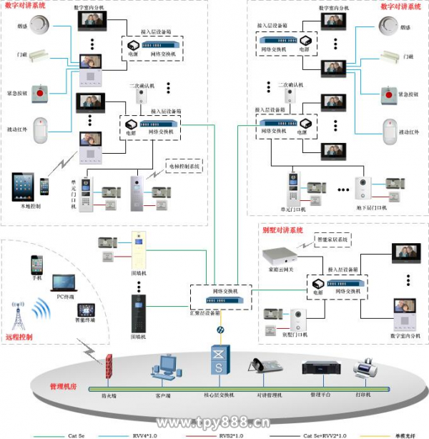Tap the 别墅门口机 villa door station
[x=297, y=322]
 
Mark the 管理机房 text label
[x=62, y=386]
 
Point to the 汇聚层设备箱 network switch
[x=222, y=292]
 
